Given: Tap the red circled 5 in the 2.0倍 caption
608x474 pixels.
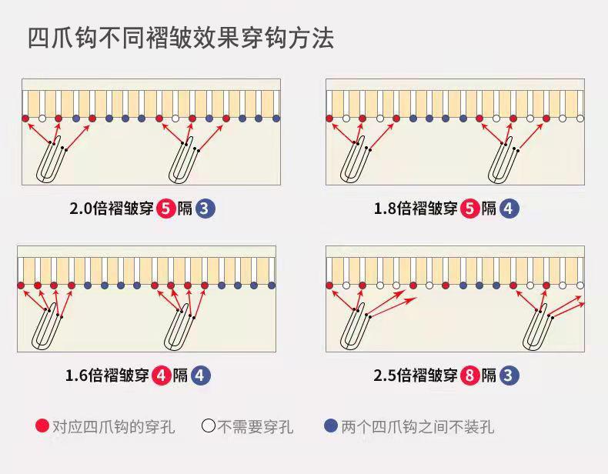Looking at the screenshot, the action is click(165, 208).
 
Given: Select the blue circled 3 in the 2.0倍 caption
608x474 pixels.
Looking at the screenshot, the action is click(205, 208).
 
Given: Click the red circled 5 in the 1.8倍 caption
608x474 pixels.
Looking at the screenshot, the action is click(470, 208).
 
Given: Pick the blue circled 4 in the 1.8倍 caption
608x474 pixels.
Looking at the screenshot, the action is click(509, 208).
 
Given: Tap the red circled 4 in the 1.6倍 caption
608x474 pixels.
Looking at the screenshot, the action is click(162, 376).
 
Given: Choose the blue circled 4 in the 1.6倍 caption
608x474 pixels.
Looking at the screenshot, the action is click(200, 376).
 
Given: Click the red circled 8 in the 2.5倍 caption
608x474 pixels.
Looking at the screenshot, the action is click(470, 376).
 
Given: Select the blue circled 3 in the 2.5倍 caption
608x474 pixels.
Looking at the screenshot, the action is click(509, 376).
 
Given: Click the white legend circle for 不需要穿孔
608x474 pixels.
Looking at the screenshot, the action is click(208, 426).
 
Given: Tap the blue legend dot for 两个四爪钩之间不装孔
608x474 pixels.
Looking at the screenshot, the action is click(331, 426).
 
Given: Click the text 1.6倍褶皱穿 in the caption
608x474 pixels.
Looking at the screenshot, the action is click(107, 376).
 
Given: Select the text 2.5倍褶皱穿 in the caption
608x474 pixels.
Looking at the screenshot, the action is click(416, 376).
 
